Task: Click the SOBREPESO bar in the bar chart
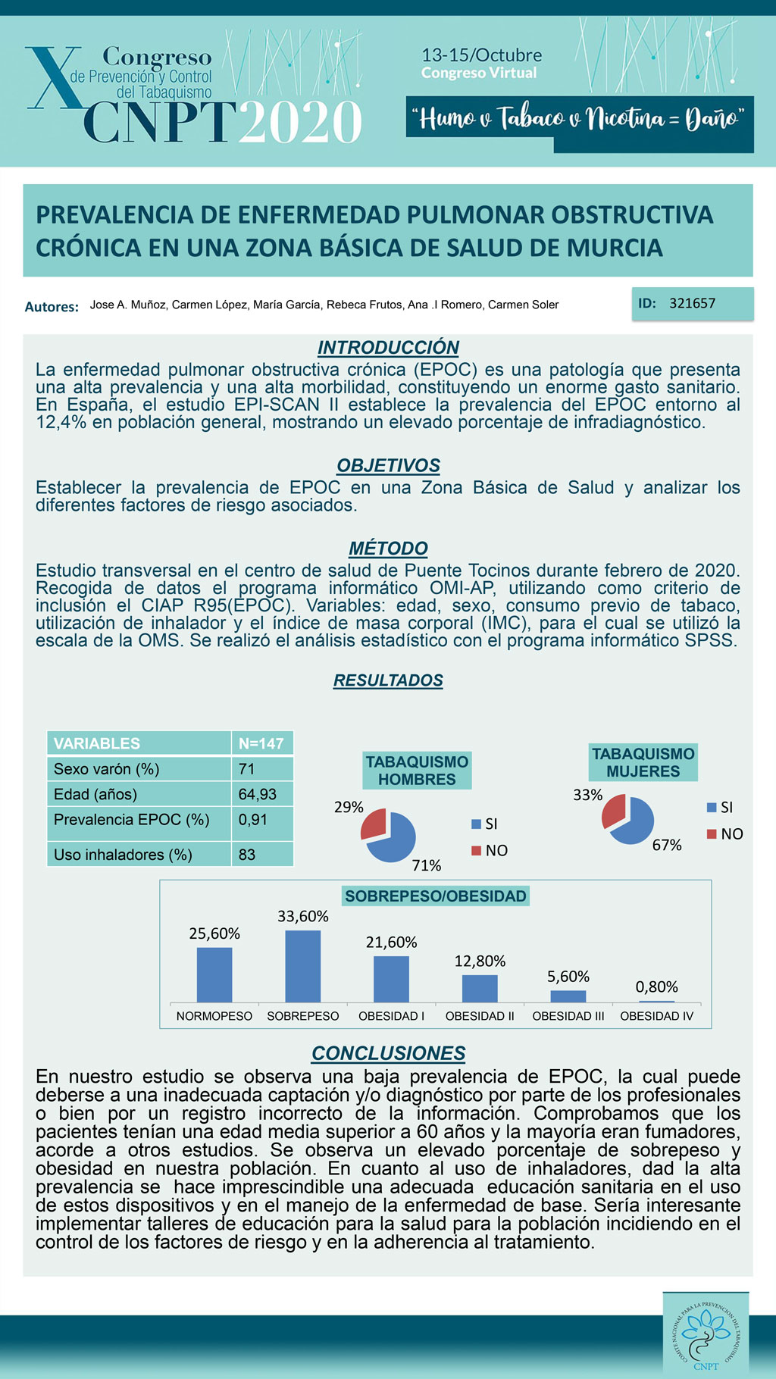point(302,966)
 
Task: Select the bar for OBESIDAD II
point(480,988)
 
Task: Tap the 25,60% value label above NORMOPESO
point(214,933)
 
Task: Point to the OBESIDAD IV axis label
point(656,1016)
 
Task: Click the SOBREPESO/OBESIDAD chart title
point(435,896)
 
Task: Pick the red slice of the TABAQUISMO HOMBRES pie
point(374,823)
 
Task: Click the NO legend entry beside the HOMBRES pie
point(490,850)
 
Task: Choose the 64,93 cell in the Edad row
point(258,794)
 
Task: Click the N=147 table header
point(261,743)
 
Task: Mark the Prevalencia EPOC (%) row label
point(131,819)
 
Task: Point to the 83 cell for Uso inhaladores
point(247,855)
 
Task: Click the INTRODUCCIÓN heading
point(388,348)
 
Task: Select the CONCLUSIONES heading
point(388,1053)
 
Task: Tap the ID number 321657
point(692,303)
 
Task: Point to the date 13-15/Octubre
point(481,55)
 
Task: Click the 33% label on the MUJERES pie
point(587,795)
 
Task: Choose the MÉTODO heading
point(388,548)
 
